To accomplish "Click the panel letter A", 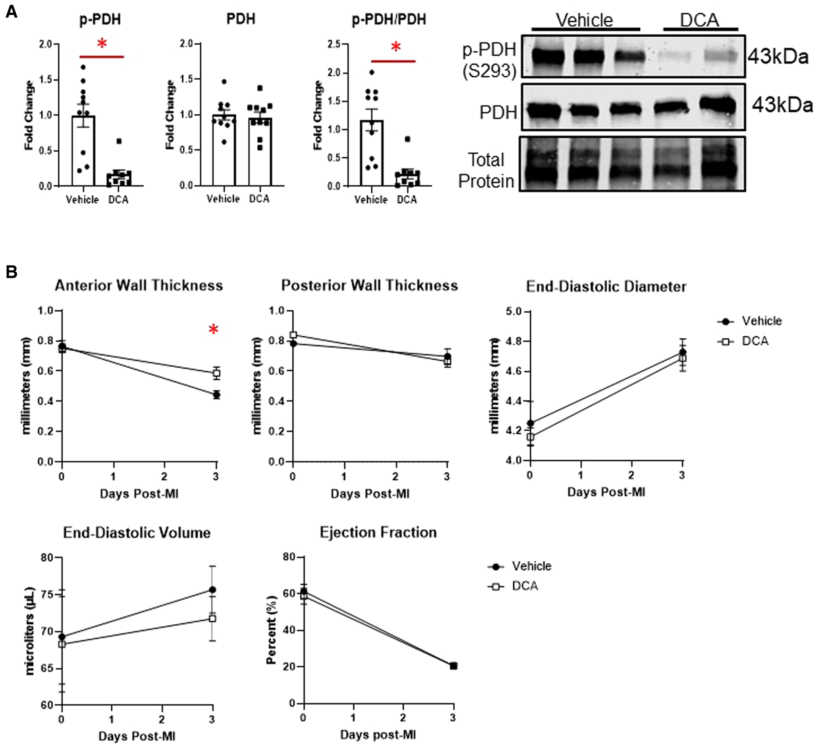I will pos(11,12).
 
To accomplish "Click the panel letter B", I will pos(11,272).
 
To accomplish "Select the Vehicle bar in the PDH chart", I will pos(224,150).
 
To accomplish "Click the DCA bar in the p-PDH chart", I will pos(119,179).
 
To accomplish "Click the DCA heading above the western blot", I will pos(699,20).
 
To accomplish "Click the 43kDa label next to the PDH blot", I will pos(782,105).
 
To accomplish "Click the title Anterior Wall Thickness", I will pos(139,285).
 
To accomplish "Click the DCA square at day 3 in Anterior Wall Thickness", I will pos(216,373).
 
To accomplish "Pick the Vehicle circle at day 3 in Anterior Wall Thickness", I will pos(216,395).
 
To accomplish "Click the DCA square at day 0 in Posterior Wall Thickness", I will pos(293,335).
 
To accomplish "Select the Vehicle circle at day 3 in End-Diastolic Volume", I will pos(213,590).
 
